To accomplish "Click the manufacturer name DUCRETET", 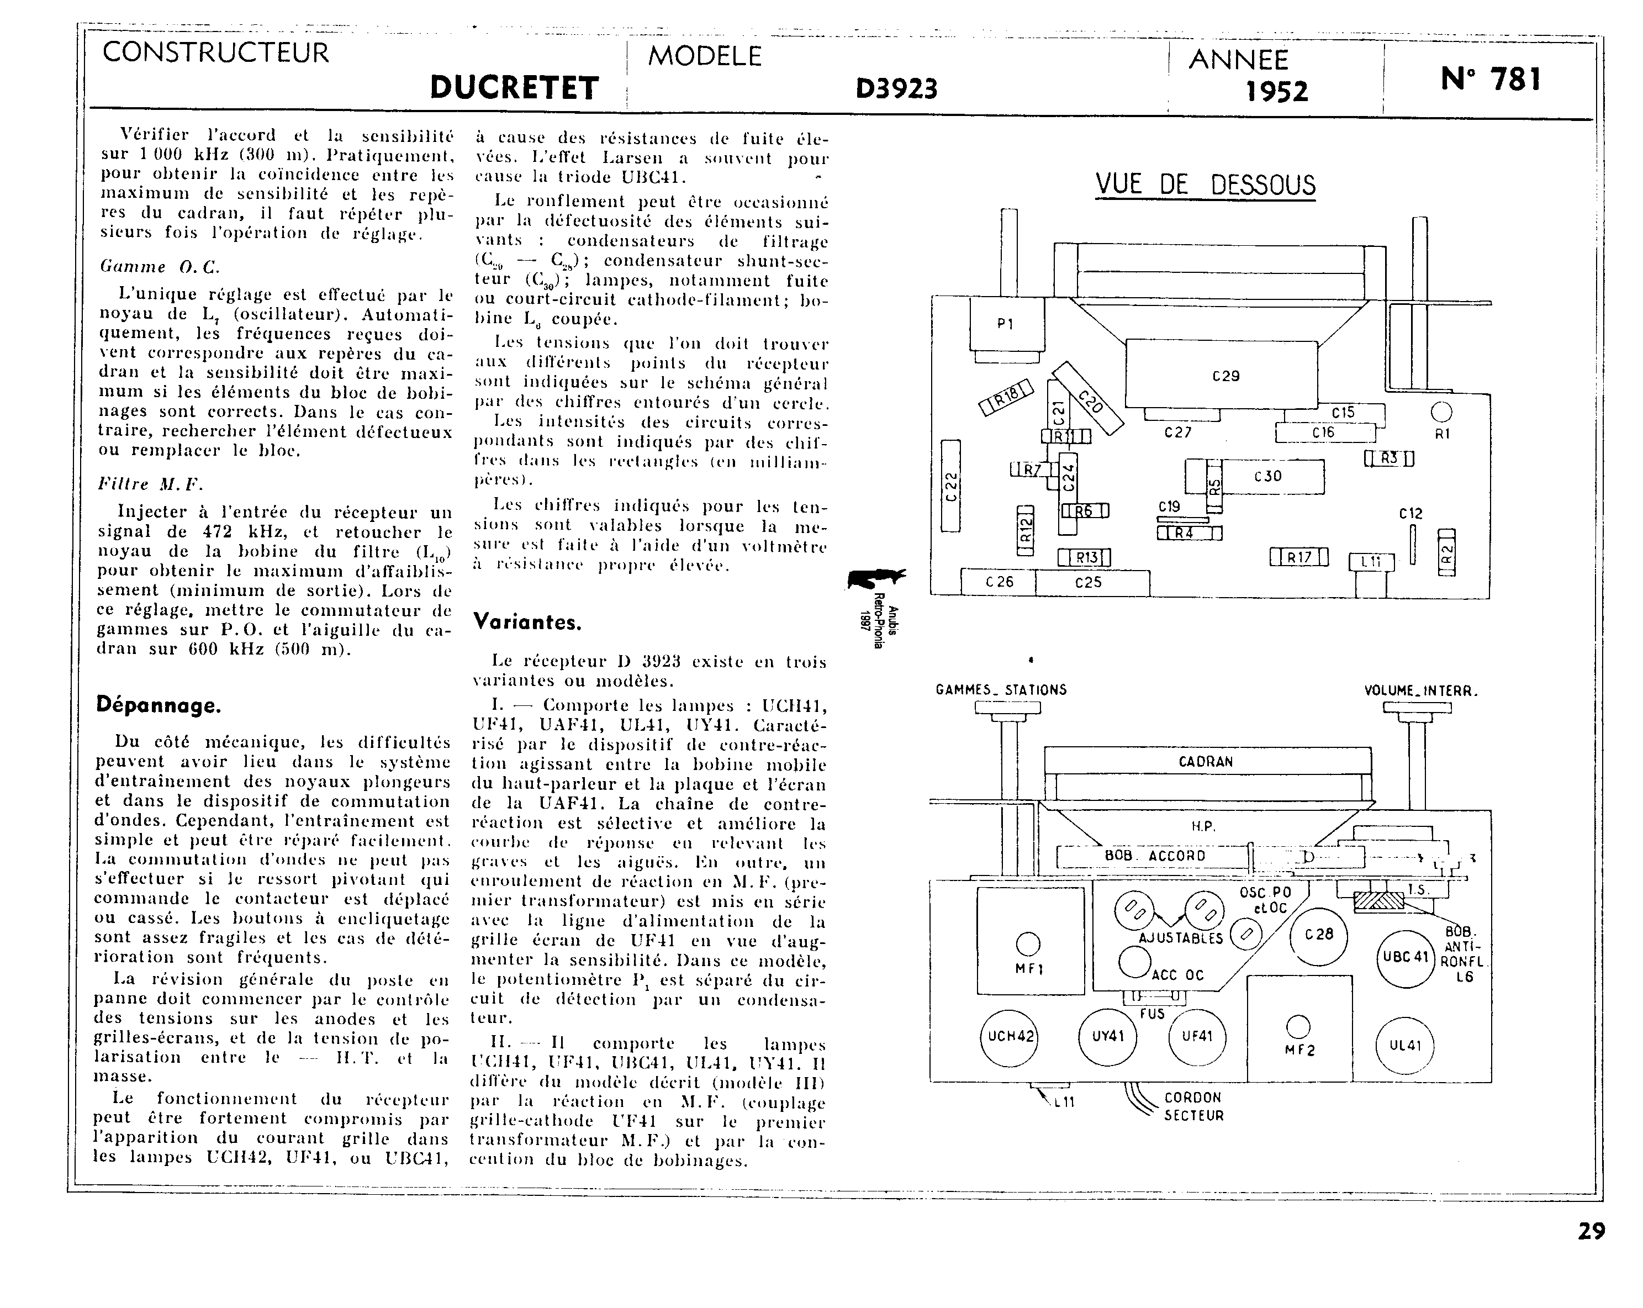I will pyautogui.click(x=514, y=88).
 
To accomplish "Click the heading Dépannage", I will pyautogui.click(x=159, y=705).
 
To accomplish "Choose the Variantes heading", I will pyautogui.click(x=527, y=622).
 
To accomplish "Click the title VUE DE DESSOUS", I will pyautogui.click(x=1206, y=185).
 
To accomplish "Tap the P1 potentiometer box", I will pyautogui.click(x=1005, y=324).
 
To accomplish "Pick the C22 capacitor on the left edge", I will pyautogui.click(x=950, y=486).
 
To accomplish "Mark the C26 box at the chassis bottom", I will pyautogui.click(x=999, y=582).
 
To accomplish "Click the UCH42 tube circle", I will pyautogui.click(x=1010, y=1037).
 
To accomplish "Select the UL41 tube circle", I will pyautogui.click(x=1404, y=1046).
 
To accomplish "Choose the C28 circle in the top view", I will pyautogui.click(x=1318, y=935).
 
